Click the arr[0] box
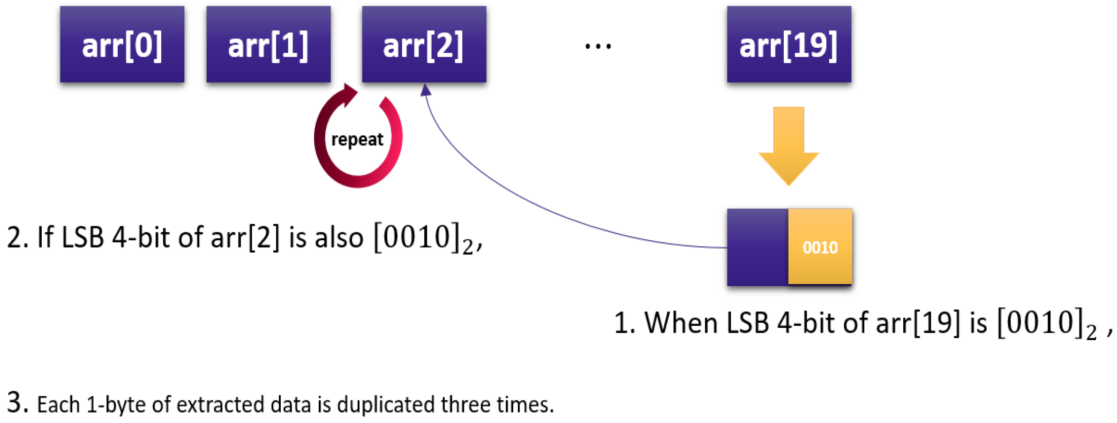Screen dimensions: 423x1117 click(x=122, y=45)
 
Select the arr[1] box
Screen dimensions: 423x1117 click(x=268, y=45)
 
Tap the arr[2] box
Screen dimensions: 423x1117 click(x=424, y=45)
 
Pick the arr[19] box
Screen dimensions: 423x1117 click(x=788, y=45)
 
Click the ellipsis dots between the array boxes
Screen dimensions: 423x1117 click(x=598, y=46)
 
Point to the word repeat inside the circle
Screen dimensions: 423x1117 click(x=357, y=140)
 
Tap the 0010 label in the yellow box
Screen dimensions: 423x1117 click(x=820, y=247)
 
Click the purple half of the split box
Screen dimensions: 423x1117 click(x=757, y=247)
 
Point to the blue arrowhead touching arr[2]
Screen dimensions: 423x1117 click(x=426, y=90)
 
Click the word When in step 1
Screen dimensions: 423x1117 click(x=681, y=323)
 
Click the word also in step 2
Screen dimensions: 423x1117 click(x=339, y=237)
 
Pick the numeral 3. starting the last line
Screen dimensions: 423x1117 click(x=18, y=403)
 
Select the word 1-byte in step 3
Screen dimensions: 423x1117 click(x=116, y=404)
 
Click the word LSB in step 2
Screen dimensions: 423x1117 click(x=82, y=237)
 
